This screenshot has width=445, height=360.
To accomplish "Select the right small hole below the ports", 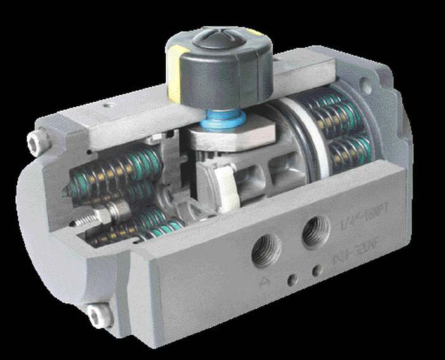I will point(316,271).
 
